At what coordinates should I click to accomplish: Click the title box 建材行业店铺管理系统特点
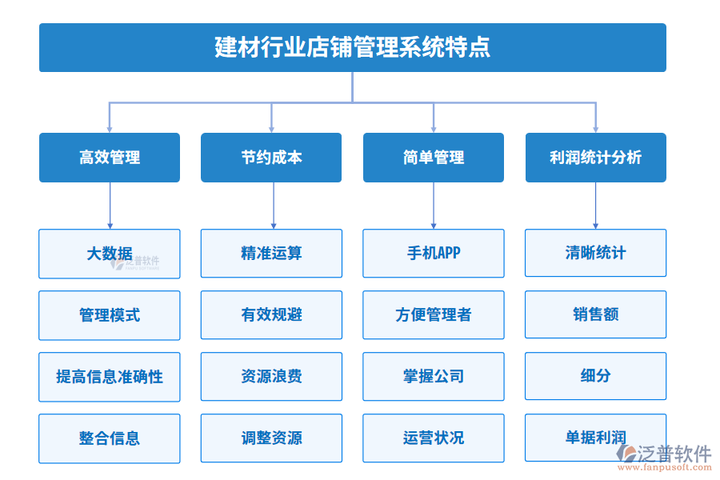pyautogui.click(x=352, y=47)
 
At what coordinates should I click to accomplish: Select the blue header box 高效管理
pyautogui.click(x=110, y=158)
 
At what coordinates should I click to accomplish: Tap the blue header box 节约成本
pyautogui.click(x=271, y=158)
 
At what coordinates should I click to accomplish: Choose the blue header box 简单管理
pyautogui.click(x=434, y=158)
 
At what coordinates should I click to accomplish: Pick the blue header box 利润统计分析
pyautogui.click(x=595, y=158)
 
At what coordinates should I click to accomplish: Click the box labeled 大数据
pyautogui.click(x=110, y=254)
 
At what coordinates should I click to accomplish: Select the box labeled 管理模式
pyautogui.click(x=110, y=315)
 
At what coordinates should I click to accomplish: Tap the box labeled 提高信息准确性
pyautogui.click(x=110, y=377)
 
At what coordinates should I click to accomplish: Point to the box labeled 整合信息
pyautogui.click(x=110, y=438)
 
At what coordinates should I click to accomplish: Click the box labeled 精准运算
pyautogui.click(x=271, y=254)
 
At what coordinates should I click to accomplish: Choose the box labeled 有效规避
pyautogui.click(x=271, y=315)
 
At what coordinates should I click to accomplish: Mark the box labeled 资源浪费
pyautogui.click(x=271, y=377)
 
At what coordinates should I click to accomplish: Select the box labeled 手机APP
pyautogui.click(x=434, y=254)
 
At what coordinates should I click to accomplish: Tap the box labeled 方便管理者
pyautogui.click(x=434, y=315)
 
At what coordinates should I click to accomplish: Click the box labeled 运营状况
pyautogui.click(x=434, y=438)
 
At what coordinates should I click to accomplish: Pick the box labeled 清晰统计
pyautogui.click(x=595, y=254)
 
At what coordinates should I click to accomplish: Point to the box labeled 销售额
pyautogui.click(x=595, y=315)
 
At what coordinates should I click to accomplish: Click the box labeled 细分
pyautogui.click(x=595, y=377)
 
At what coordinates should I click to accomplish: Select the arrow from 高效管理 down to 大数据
pyautogui.click(x=110, y=206)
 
